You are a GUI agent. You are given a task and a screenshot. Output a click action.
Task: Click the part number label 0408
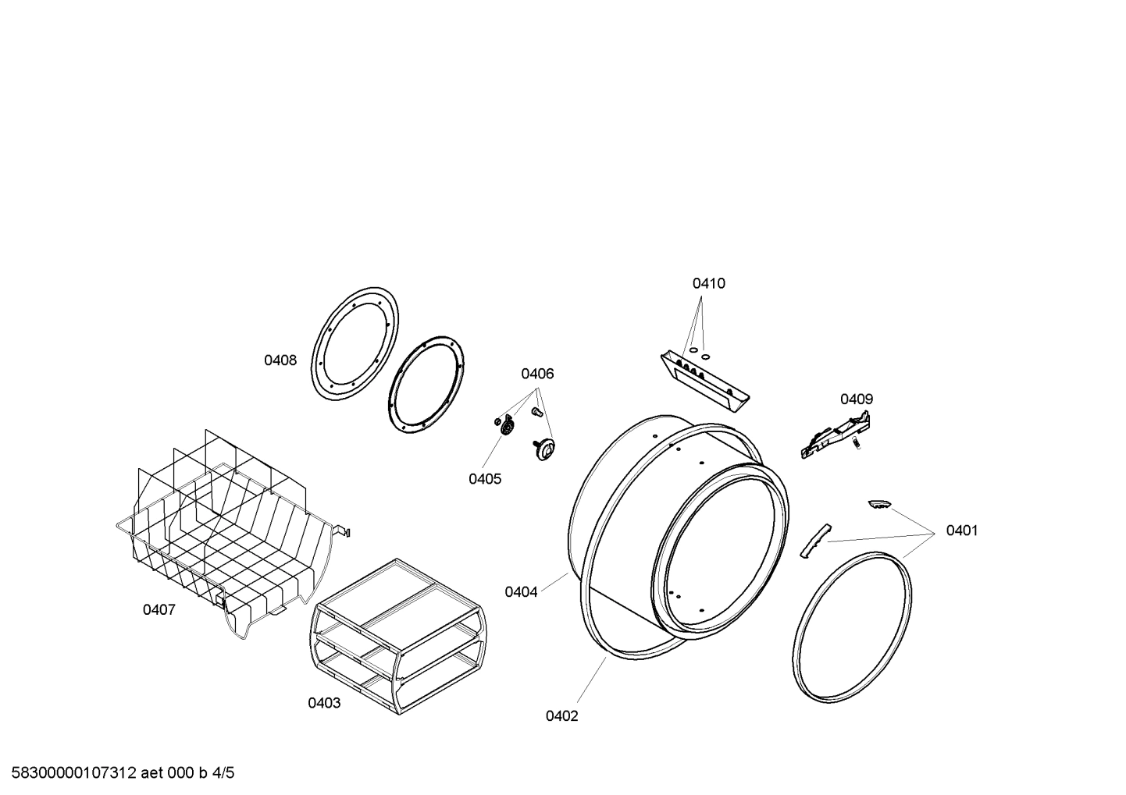click(x=280, y=360)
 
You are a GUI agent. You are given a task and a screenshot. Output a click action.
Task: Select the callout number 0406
click(x=537, y=374)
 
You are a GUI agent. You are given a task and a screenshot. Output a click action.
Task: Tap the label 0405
click(x=485, y=479)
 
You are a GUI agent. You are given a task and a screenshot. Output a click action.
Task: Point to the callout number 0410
click(x=708, y=283)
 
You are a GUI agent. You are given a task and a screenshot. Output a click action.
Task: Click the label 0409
click(x=856, y=399)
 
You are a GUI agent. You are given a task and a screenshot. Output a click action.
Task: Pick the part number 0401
click(x=961, y=531)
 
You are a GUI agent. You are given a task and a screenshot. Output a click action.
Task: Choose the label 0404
click(x=521, y=592)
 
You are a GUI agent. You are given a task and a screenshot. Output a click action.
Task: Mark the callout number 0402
click(x=561, y=716)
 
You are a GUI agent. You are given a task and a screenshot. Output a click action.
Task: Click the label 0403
click(x=323, y=703)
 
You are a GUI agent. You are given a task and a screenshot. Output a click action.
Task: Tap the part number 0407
click(x=159, y=609)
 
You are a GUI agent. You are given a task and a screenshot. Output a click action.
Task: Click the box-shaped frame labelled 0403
click(x=398, y=635)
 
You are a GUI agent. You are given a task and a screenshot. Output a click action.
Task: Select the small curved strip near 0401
click(x=811, y=540)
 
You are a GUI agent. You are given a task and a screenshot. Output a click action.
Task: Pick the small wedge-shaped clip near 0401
click(x=880, y=505)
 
